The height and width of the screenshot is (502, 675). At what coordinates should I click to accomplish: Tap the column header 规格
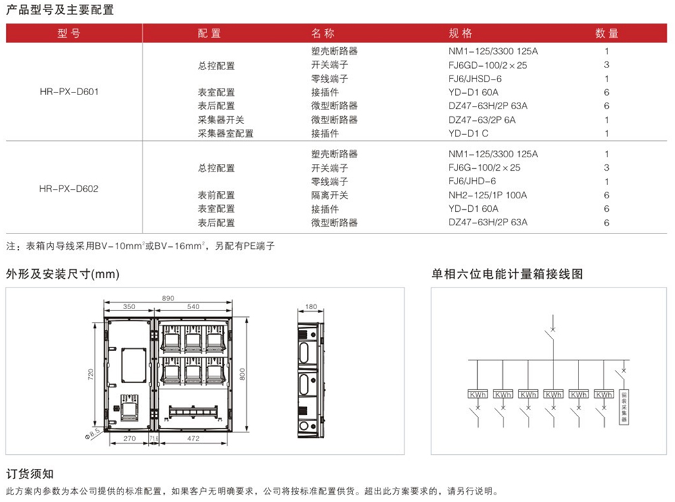click(x=461, y=34)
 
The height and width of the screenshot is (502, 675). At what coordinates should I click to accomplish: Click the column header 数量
click(x=606, y=34)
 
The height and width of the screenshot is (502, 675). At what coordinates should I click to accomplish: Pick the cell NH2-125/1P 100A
click(x=487, y=195)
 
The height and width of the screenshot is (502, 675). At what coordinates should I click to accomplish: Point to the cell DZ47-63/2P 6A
click(x=482, y=120)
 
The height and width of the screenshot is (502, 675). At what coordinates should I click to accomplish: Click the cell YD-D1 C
click(x=468, y=134)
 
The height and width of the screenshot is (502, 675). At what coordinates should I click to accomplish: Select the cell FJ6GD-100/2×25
click(x=487, y=65)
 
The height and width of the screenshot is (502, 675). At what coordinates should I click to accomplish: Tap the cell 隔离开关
click(x=329, y=195)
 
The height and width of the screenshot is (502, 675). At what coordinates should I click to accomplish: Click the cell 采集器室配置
click(x=225, y=134)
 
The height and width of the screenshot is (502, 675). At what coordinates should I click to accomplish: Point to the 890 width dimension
click(x=169, y=298)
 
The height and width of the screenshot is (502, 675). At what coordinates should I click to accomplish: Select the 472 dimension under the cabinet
click(x=193, y=439)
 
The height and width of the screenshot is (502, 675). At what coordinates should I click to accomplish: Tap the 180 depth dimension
click(x=311, y=307)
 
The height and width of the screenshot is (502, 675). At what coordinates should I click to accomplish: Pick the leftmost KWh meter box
click(x=478, y=394)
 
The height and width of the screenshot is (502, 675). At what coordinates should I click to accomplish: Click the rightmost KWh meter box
click(x=603, y=394)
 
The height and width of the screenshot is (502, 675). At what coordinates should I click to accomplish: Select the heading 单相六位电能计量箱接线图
click(x=507, y=274)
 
